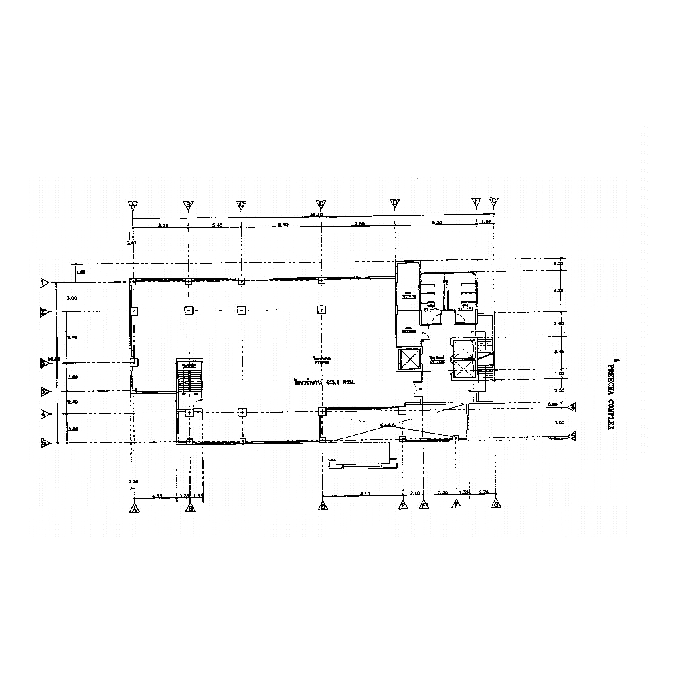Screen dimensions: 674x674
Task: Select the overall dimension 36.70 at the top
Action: coord(316,215)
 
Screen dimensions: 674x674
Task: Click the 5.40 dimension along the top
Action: coord(217,225)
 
